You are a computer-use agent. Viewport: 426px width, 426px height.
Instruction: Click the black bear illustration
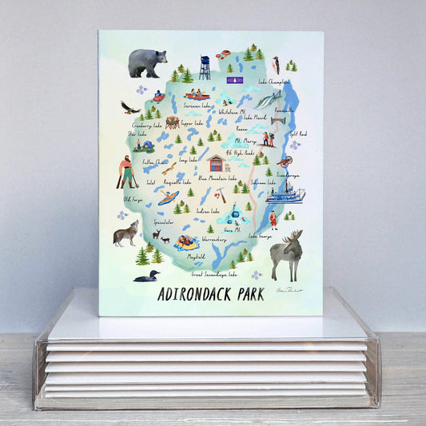(147, 62)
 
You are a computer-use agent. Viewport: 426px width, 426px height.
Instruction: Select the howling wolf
(126, 233)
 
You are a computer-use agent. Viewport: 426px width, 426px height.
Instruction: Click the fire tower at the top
(205, 67)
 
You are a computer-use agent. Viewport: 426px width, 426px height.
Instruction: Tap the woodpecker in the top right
(275, 65)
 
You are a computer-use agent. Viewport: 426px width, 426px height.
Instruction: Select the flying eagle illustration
(130, 107)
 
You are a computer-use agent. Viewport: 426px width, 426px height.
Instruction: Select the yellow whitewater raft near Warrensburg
(186, 243)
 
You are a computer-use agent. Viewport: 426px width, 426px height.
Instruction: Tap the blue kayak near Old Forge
(167, 197)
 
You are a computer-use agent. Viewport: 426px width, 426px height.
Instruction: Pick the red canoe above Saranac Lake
(197, 94)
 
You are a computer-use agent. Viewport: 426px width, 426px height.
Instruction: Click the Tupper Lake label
(193, 124)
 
